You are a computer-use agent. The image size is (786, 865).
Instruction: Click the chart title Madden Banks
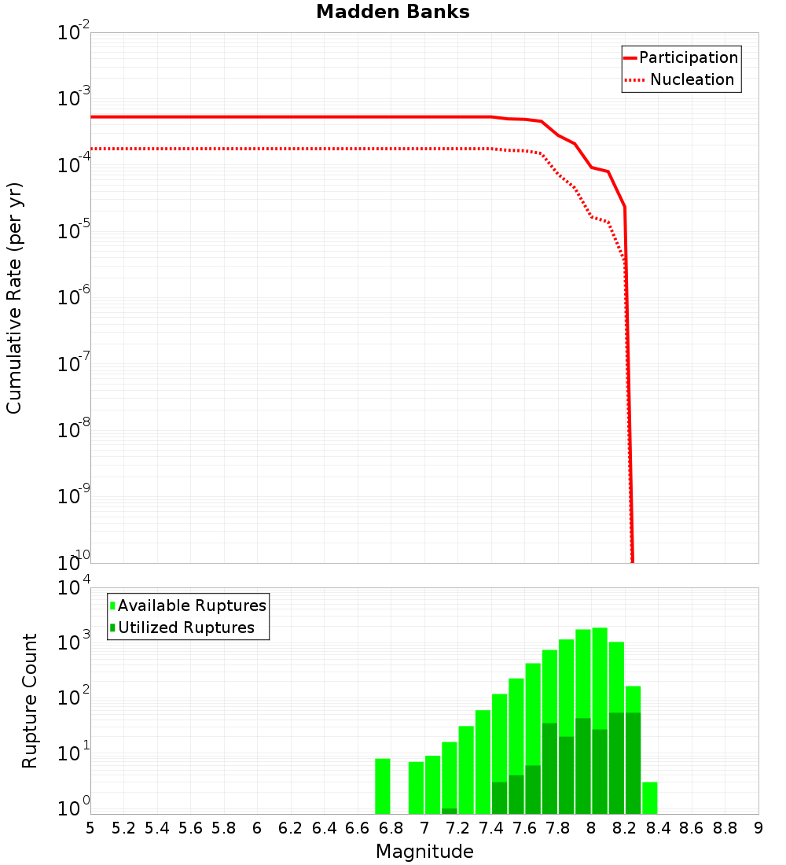click(393, 13)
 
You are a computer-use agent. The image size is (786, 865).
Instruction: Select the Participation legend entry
click(681, 57)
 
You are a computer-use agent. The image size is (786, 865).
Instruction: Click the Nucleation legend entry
click(681, 79)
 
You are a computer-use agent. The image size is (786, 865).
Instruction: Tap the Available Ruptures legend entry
click(188, 605)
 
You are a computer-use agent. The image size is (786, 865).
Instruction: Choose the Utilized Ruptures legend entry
click(182, 628)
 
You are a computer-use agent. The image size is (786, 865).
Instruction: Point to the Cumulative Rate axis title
click(14, 297)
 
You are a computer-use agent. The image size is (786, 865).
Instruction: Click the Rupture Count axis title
click(30, 701)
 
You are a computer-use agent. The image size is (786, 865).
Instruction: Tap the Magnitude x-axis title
click(424, 852)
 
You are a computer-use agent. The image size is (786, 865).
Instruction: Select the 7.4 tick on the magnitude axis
click(491, 828)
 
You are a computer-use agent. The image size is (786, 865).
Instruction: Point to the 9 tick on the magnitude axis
click(758, 828)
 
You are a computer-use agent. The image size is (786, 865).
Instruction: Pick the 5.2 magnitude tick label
click(123, 828)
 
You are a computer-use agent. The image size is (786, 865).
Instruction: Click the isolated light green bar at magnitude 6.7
click(383, 786)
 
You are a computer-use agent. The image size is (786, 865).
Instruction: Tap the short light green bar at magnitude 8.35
click(650, 798)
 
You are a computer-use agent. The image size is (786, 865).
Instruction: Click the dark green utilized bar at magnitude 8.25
click(633, 763)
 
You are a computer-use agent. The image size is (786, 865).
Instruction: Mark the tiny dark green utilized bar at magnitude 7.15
click(450, 811)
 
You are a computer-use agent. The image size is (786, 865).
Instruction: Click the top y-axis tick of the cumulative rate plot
click(75, 33)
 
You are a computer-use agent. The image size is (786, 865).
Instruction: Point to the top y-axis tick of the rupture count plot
click(75, 588)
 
